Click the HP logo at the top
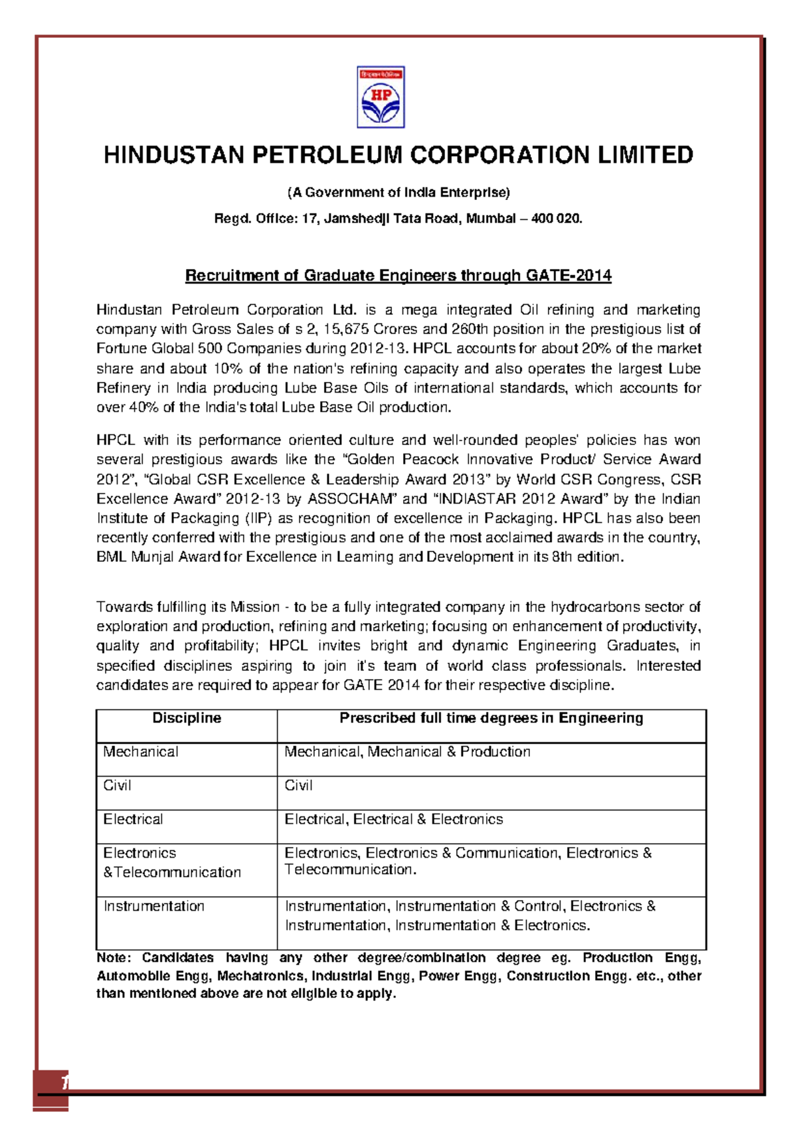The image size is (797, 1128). pyautogui.click(x=381, y=97)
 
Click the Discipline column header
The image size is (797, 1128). pyautogui.click(x=187, y=718)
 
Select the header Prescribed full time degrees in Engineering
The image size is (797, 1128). pyautogui.click(x=491, y=718)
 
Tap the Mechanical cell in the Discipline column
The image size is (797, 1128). pyautogui.click(x=141, y=752)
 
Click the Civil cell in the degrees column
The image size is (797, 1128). pyautogui.click(x=298, y=786)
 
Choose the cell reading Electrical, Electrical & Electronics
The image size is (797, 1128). pyautogui.click(x=393, y=820)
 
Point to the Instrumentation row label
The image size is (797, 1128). pyautogui.click(x=154, y=907)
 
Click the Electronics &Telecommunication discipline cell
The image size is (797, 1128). pyautogui.click(x=171, y=863)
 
